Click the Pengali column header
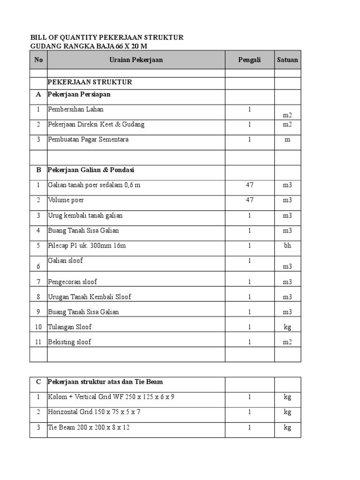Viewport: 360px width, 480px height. point(249,60)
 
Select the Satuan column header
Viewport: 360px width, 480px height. point(287,60)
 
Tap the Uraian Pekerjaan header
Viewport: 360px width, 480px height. point(136,60)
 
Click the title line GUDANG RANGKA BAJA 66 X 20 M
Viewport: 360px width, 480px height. point(91,46)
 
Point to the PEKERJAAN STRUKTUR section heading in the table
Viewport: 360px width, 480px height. point(90,82)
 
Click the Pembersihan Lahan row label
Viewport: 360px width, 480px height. point(76,109)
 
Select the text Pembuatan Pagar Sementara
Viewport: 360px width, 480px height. point(88,139)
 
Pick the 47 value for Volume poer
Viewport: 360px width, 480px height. point(249,200)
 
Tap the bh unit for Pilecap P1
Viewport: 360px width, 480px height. point(287,245)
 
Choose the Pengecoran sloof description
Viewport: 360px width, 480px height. point(73,282)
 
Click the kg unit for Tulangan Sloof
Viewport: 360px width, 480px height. point(287,327)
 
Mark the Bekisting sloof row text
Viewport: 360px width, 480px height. point(70,342)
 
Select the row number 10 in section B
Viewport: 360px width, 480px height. point(38,327)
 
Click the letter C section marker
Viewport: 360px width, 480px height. point(38,382)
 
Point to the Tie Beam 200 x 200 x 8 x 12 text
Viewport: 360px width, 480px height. point(89,427)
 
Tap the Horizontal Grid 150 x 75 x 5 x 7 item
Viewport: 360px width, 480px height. point(94,412)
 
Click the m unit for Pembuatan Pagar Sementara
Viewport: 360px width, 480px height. point(287,140)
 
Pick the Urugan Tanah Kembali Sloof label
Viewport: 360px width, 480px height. point(90,297)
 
